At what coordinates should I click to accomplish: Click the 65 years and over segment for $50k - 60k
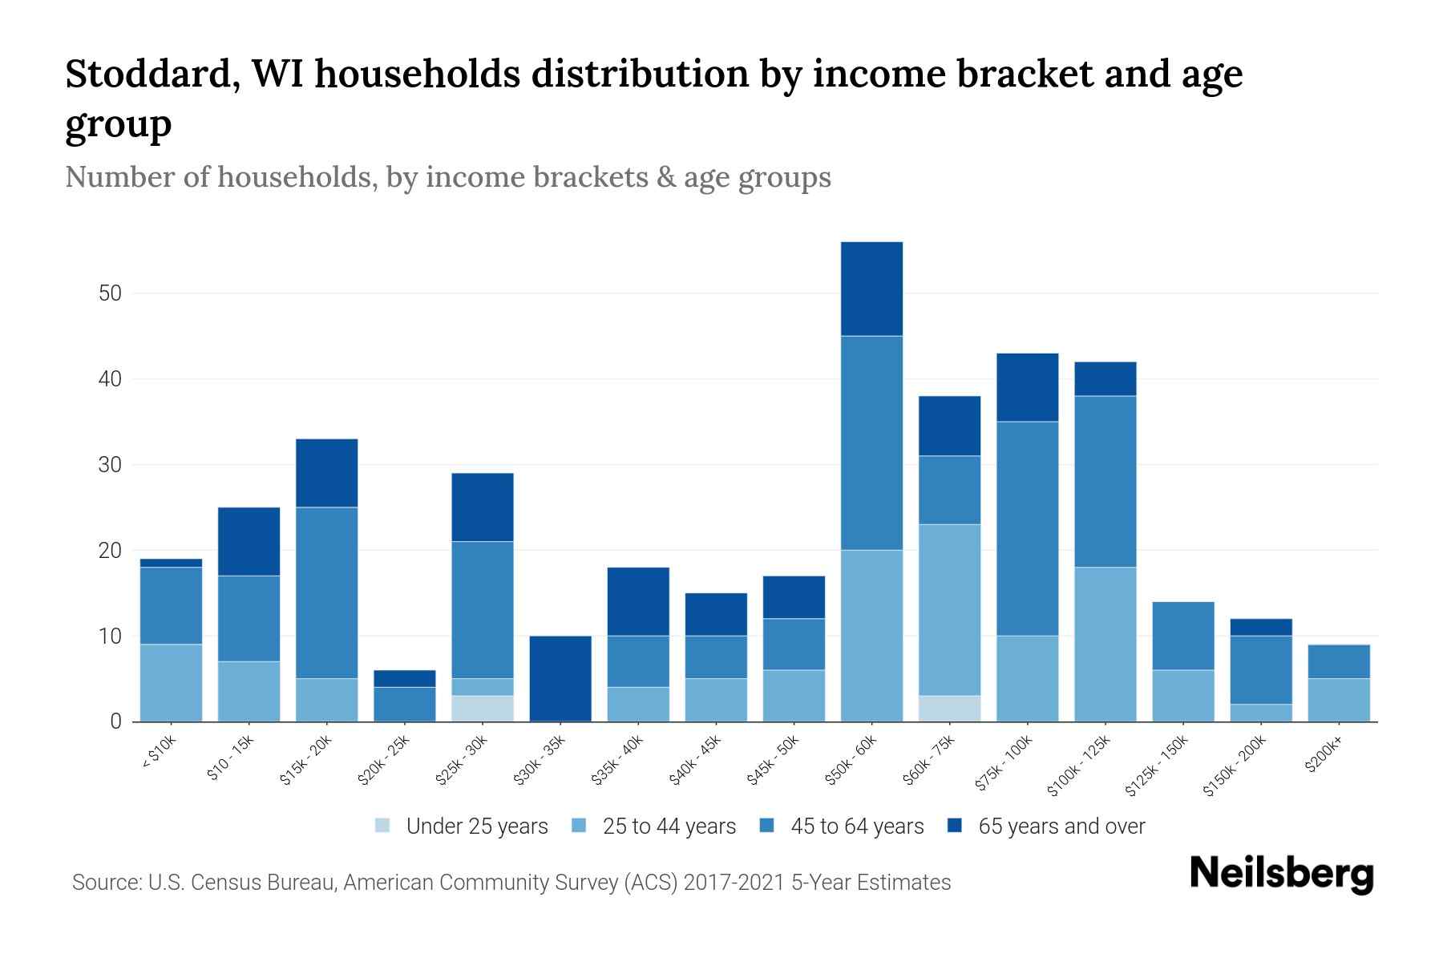[x=871, y=289]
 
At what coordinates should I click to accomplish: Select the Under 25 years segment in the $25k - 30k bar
[x=482, y=709]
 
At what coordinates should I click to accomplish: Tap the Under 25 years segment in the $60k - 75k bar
[x=949, y=709]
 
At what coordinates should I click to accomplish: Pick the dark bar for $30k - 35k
[x=560, y=678]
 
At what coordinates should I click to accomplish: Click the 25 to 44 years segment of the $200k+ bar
[x=1338, y=700]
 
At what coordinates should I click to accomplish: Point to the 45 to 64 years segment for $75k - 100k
[x=1027, y=528]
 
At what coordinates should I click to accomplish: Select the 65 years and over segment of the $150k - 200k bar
[x=1260, y=627]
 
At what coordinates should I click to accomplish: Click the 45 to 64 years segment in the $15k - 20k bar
[x=326, y=592]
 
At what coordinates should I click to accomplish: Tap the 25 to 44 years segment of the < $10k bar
[x=171, y=682]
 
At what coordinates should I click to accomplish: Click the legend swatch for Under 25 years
[x=383, y=826]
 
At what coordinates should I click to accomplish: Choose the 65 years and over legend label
[x=1061, y=827]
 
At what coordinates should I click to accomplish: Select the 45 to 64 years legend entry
[x=856, y=827]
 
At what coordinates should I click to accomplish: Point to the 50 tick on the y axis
[x=110, y=293]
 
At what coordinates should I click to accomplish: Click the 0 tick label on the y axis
[x=115, y=721]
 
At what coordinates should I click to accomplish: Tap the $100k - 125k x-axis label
[x=1079, y=766]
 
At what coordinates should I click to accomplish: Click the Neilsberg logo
[x=1281, y=874]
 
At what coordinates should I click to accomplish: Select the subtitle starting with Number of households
[x=447, y=177]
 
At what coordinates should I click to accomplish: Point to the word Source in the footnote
[x=104, y=883]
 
